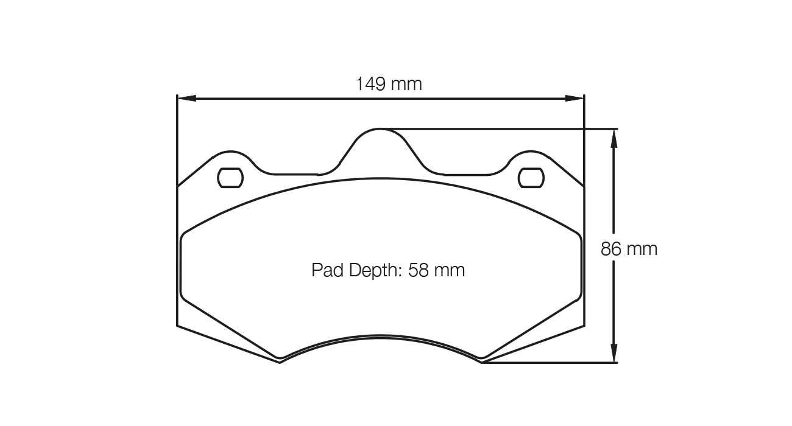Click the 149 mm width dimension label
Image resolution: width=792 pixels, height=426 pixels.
tap(389, 83)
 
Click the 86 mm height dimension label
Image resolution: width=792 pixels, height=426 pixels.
tap(629, 249)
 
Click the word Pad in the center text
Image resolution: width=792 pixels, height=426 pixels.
tap(328, 270)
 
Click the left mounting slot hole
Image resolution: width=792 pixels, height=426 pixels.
tap(230, 177)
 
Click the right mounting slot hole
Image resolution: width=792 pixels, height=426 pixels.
tap(530, 177)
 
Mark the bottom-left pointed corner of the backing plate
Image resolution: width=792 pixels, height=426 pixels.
tap(280, 363)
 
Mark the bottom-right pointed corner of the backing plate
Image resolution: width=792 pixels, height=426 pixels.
tap(482, 363)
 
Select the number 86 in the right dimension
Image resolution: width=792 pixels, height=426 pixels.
tap(612, 249)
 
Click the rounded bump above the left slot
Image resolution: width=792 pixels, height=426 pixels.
tap(230, 152)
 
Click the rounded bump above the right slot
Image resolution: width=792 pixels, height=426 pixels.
tap(531, 152)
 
